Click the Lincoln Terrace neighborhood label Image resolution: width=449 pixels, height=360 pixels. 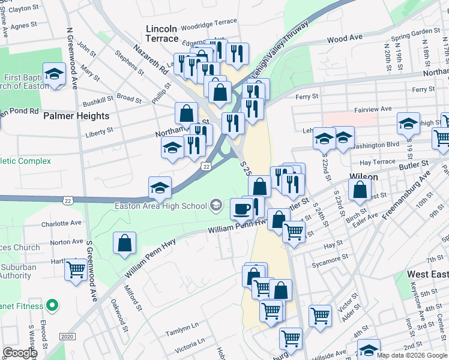tap(161, 34)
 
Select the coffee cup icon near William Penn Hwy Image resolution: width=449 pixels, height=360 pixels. tap(241, 209)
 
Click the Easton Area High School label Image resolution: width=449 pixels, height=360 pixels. tap(161, 206)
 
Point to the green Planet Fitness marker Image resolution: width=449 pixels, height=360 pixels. tap(52, 306)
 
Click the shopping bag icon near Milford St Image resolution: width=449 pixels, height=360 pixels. tap(124, 243)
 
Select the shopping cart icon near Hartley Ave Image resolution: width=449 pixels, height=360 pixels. tap(76, 269)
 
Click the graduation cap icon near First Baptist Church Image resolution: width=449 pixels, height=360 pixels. tap(54, 74)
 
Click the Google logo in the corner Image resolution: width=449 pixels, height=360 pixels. tap(20, 353)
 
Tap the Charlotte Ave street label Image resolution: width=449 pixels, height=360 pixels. tap(61, 223)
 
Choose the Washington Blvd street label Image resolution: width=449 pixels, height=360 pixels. tap(376, 145)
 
